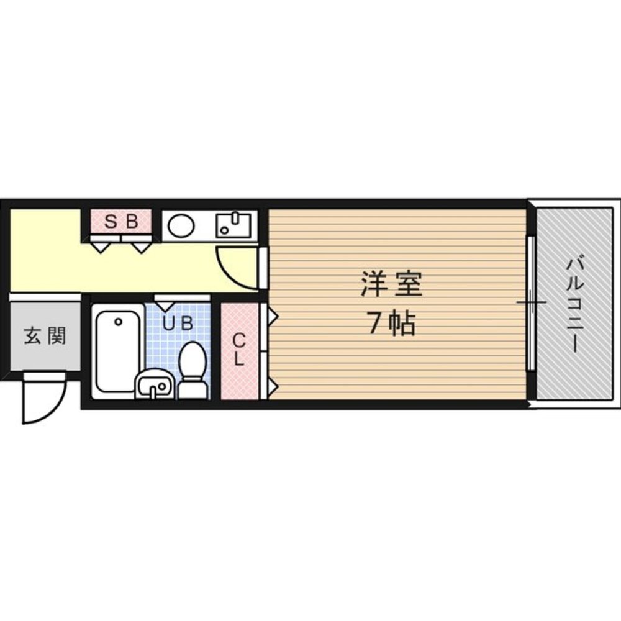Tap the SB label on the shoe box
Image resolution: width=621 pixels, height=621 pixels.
click(x=120, y=222)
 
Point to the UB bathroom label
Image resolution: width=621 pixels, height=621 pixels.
click(x=178, y=323)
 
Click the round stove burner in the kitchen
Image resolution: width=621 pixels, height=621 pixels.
click(x=181, y=225)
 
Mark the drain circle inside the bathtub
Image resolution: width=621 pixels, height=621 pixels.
click(x=117, y=321)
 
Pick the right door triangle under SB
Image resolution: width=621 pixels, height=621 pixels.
click(x=141, y=246)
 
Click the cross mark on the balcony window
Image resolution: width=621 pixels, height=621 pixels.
click(x=531, y=303)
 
